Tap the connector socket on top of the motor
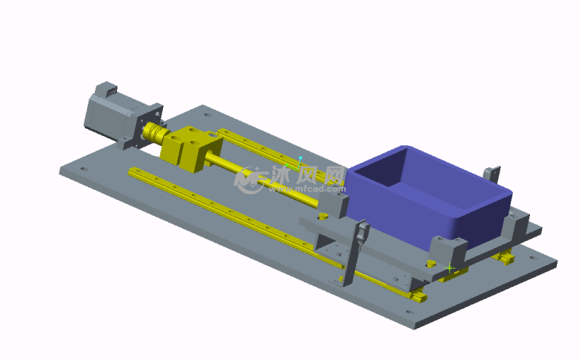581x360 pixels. click(x=111, y=91)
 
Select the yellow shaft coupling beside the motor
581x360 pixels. click(x=154, y=133)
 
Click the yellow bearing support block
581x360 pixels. click(x=192, y=148)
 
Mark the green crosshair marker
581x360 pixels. click(x=449, y=268)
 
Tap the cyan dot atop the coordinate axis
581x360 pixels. click(x=300, y=158)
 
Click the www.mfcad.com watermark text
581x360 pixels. click(x=308, y=189)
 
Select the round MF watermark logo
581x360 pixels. click(x=249, y=180)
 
